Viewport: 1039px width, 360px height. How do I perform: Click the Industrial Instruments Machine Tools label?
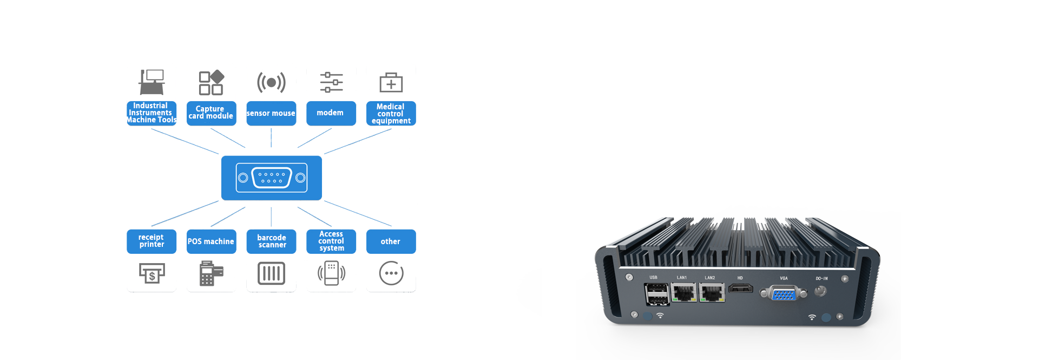coord(152,113)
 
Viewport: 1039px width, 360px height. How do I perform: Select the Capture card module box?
coord(211,113)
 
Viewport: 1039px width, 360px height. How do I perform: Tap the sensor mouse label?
coord(271,113)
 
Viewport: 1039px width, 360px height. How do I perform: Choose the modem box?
coord(331,113)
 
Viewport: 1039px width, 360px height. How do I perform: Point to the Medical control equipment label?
coord(391,114)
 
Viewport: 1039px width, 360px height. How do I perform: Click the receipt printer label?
coord(152,241)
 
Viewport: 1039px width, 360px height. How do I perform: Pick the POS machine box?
coord(211,241)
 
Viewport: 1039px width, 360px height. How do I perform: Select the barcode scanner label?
coord(271,241)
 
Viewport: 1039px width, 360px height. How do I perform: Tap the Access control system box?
coord(331,241)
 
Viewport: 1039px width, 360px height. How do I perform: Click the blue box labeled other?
coord(391,241)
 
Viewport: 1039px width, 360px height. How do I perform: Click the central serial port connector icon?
coord(272,178)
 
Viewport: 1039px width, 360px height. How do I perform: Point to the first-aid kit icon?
coord(391,82)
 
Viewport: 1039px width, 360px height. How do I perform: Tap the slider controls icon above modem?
coord(331,82)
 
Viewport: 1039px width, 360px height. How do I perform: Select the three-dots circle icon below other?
coord(391,273)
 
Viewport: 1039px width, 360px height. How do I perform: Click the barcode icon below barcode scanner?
coord(271,273)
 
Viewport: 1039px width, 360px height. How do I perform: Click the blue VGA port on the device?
coord(784,294)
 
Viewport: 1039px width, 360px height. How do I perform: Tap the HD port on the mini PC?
coord(740,288)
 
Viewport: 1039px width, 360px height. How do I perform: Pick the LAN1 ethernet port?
coord(683,293)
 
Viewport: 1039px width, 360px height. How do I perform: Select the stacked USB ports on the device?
coord(657,294)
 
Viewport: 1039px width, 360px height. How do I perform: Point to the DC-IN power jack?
coord(820,291)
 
